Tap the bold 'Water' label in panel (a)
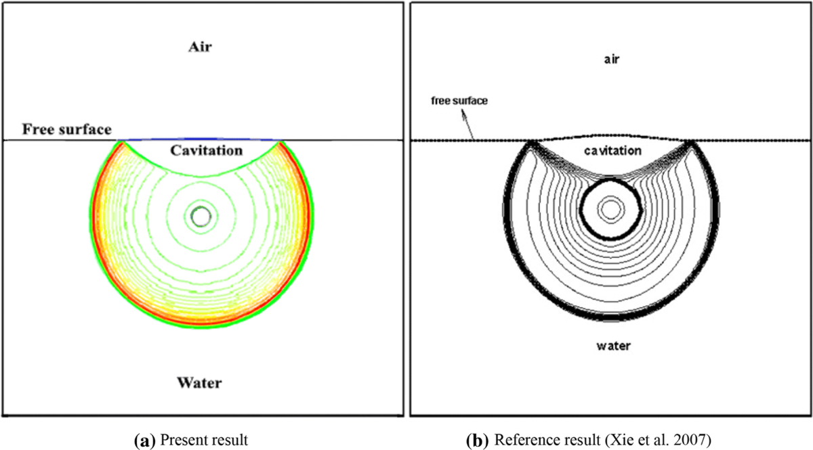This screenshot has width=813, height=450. click(199, 383)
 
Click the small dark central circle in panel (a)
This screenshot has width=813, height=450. click(201, 217)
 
